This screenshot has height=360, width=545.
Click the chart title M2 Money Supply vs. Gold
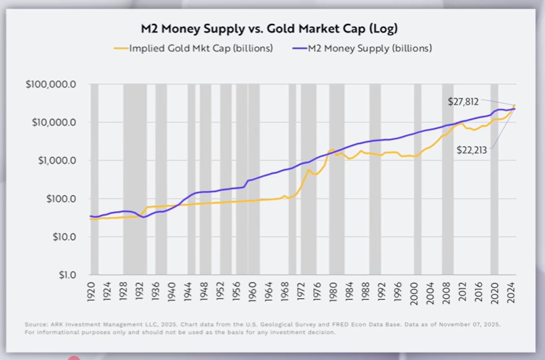click(x=272, y=29)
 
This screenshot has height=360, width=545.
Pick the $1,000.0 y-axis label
click(x=59, y=161)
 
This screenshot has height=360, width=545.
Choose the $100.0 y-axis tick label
click(x=62, y=199)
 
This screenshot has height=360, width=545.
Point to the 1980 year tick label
click(x=333, y=292)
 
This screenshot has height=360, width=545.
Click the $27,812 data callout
click(x=463, y=101)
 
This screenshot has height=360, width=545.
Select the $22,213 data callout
click(x=472, y=149)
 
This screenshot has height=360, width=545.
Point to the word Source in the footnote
click(x=35, y=325)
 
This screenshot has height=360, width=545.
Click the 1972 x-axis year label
click(x=300, y=292)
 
